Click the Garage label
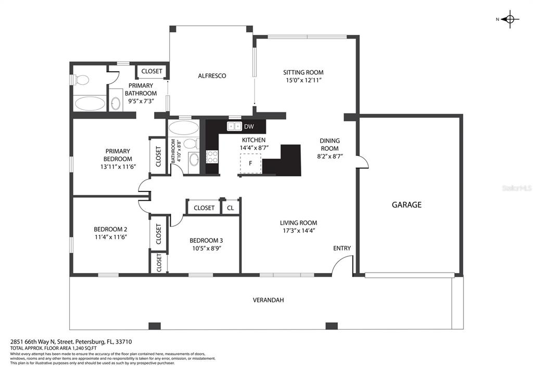tap(407, 204)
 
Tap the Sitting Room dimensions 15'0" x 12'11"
tap(303, 80)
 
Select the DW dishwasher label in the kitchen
tap(249, 127)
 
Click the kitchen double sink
tap(234, 126)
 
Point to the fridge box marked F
tap(250, 163)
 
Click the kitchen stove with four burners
tap(212, 157)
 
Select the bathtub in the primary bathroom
tap(90, 103)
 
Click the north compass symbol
tap(510, 19)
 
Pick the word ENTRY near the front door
tap(341, 248)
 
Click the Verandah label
tap(268, 300)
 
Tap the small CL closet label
tap(231, 208)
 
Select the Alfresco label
tap(212, 76)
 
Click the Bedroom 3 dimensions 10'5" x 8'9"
tap(207, 248)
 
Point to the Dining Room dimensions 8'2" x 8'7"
tap(329, 156)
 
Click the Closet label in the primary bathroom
tap(151, 71)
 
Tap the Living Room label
tap(298, 223)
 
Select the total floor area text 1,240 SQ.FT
tap(80, 348)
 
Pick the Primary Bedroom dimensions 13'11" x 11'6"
tap(118, 167)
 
